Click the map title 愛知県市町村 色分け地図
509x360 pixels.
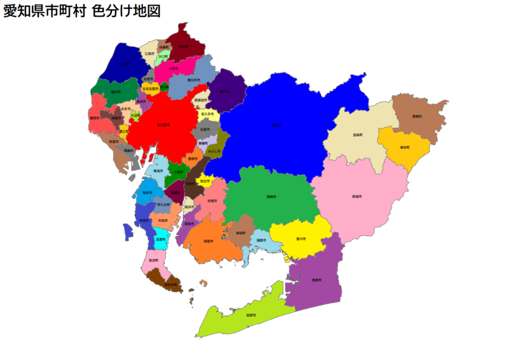point(81,11)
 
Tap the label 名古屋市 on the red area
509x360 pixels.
point(162,125)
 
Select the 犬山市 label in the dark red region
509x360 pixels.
point(183,46)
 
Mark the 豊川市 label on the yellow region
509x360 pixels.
point(299,239)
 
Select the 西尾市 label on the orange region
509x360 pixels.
point(208,242)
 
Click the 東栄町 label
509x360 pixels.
point(405,147)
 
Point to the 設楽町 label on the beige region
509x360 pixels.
point(358,135)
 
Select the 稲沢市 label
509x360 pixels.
point(115,92)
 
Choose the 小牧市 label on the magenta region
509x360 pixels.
point(173,68)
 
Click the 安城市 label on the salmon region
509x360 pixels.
point(212,201)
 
